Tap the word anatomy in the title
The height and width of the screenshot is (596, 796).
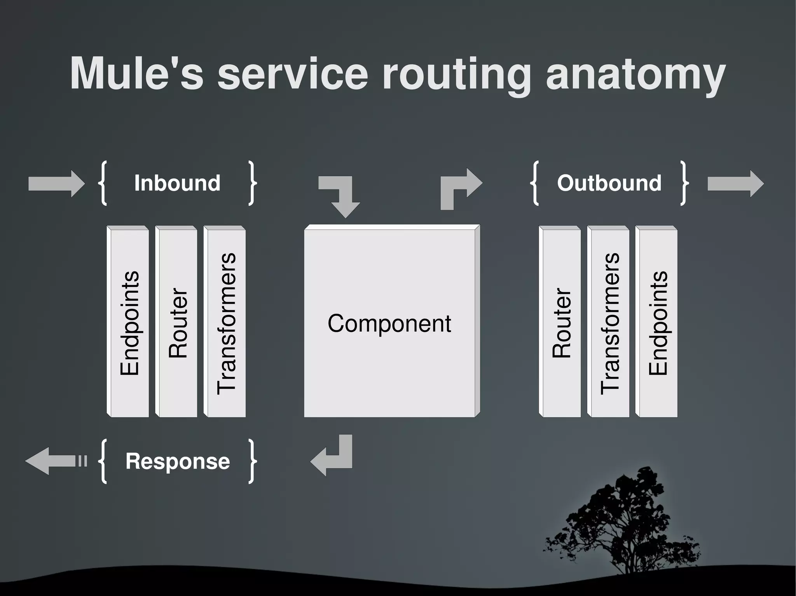pos(635,75)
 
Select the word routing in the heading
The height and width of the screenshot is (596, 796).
pos(456,75)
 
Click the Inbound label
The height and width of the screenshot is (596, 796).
pos(177,183)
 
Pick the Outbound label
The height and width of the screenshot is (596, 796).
pos(609,183)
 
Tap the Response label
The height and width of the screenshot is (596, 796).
pos(178,461)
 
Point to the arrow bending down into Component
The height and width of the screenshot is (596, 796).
pos(342,196)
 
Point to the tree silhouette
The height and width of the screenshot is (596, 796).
pos(622,524)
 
